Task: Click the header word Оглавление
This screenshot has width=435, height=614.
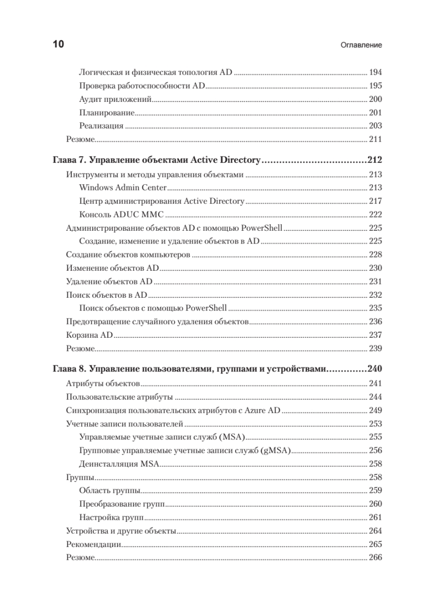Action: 361,45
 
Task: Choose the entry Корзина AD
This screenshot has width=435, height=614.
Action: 90,335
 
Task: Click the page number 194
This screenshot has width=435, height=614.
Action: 375,72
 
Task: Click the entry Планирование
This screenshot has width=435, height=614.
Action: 107,112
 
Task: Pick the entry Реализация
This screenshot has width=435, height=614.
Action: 101,125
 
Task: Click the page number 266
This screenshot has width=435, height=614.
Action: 375,558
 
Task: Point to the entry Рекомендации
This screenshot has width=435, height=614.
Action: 93,544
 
